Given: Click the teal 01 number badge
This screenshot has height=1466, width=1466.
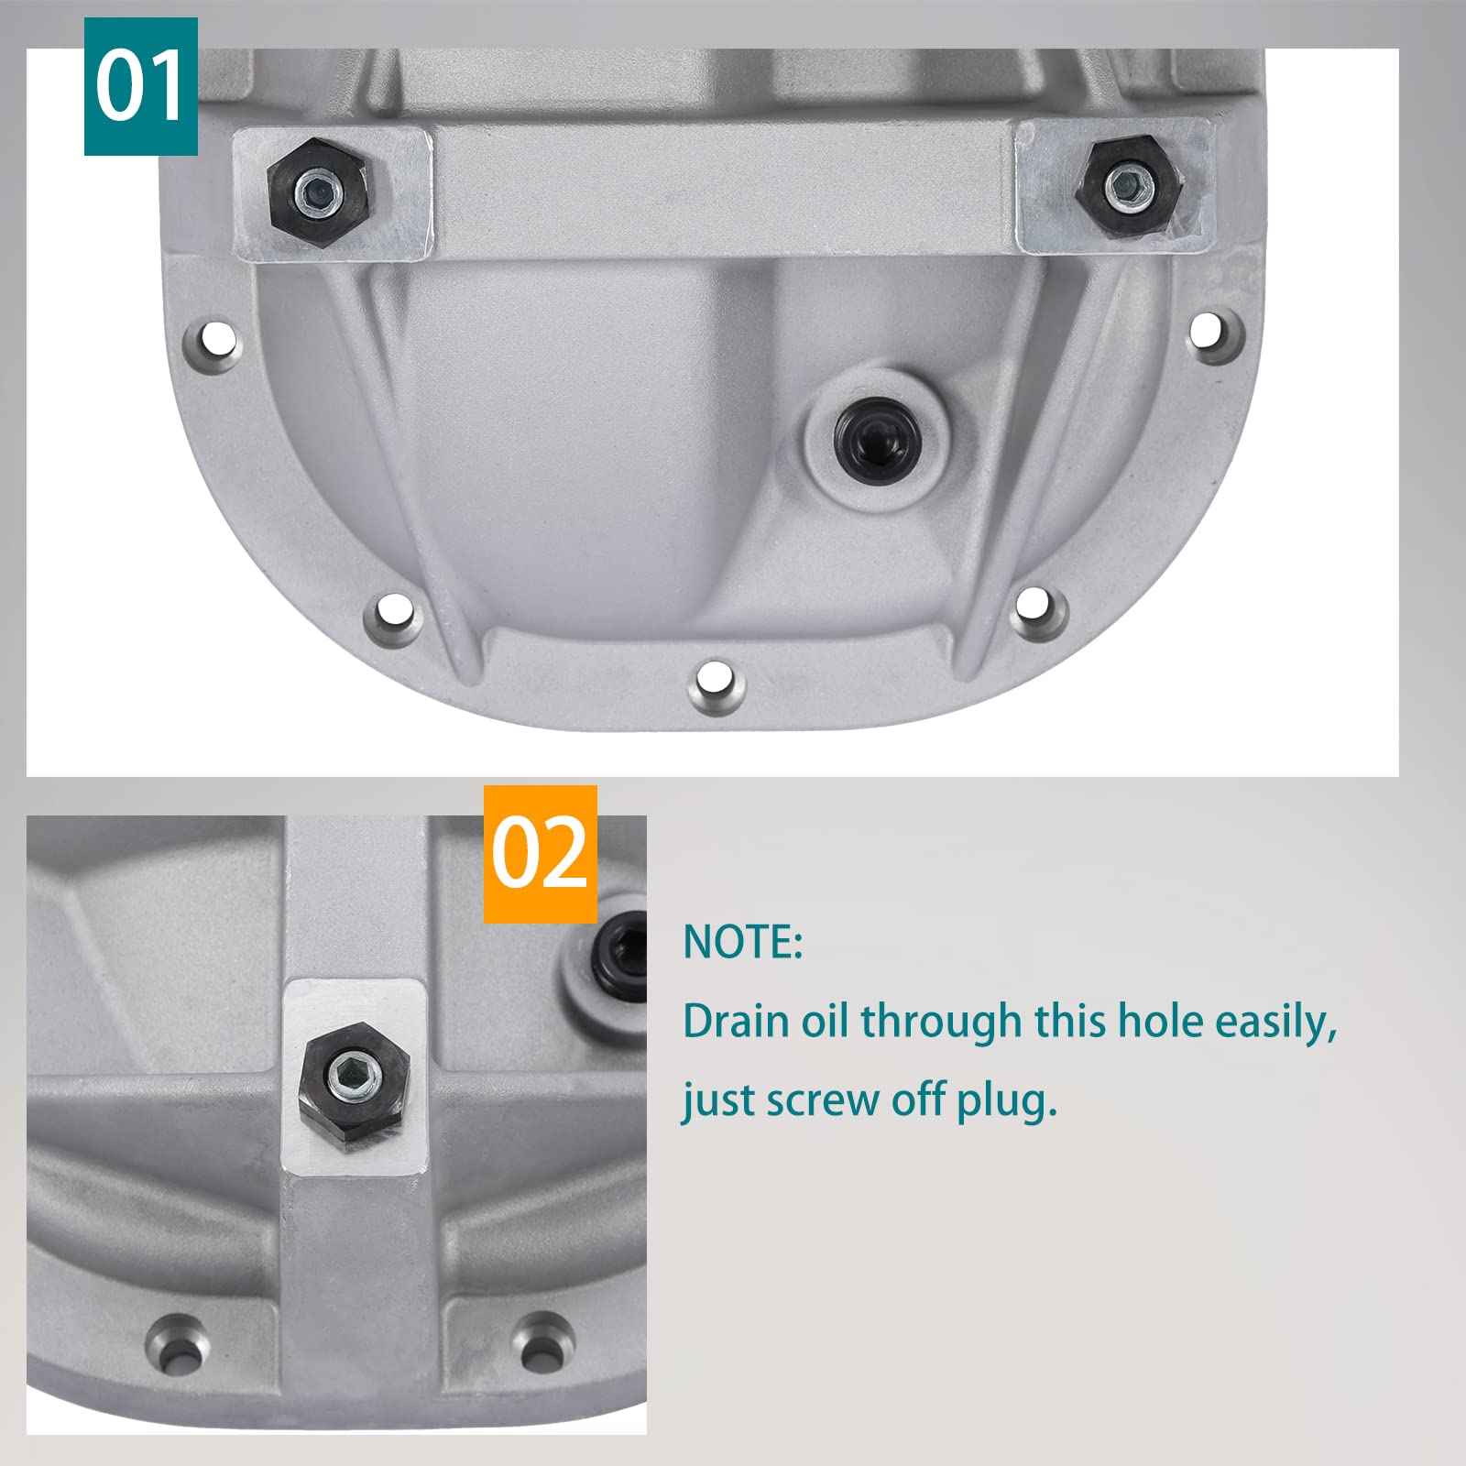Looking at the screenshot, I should point(140,86).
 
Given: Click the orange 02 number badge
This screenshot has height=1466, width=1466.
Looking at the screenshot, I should point(540,854).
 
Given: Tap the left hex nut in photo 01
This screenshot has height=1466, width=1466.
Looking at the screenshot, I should point(319,191).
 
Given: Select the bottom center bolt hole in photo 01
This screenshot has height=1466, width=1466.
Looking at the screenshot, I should point(716,682).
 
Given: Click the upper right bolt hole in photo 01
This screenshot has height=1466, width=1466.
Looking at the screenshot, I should point(1211,329).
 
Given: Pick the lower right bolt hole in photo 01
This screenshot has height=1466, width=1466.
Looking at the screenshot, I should point(1034,604).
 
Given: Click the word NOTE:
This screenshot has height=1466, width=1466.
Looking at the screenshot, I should point(743,942).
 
